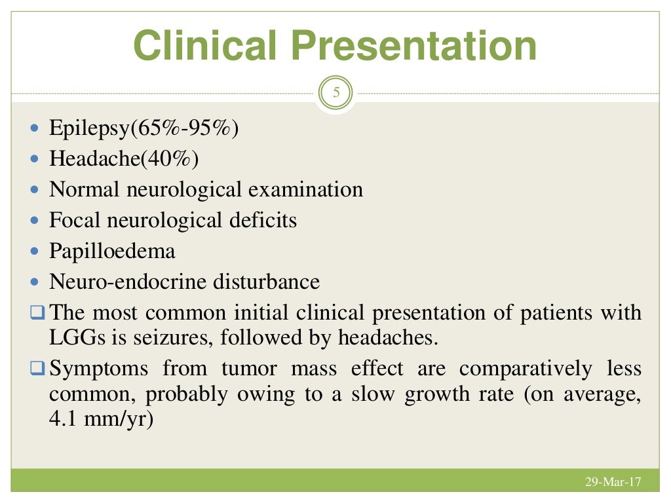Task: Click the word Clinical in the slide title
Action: coord(206,46)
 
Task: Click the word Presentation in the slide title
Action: coord(415,46)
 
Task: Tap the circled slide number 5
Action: coord(336,93)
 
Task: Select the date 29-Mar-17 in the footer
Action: coord(613,483)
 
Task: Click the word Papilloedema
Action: coord(112,251)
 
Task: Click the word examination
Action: coord(309,189)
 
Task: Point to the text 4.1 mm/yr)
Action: coord(101,419)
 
